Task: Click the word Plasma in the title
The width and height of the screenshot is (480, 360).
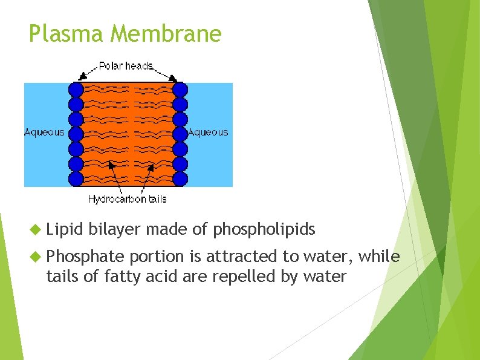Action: point(66,34)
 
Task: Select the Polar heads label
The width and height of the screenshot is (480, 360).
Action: point(125,65)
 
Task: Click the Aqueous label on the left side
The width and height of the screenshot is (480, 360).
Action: point(44,133)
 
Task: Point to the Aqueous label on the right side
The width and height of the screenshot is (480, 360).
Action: point(208,133)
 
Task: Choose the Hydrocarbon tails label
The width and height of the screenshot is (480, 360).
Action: point(127,199)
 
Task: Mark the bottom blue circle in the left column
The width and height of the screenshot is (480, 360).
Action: point(76,178)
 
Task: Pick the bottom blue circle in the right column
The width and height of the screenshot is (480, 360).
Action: point(180,178)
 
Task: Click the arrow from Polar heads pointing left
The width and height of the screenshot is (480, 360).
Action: point(87,72)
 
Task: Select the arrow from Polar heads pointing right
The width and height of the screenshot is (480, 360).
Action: point(166,72)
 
